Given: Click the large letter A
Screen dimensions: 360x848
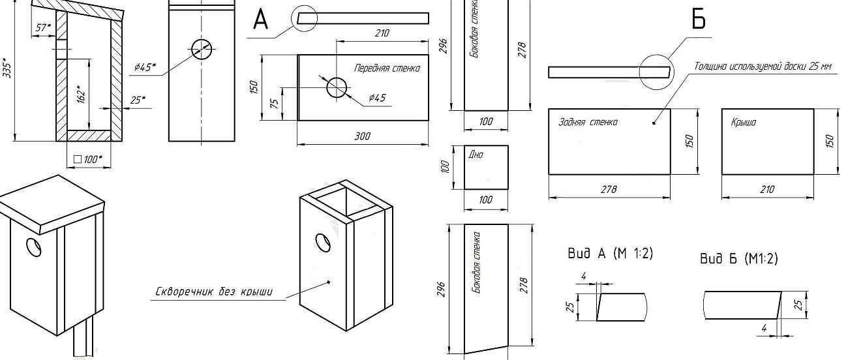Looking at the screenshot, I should coord(260,20).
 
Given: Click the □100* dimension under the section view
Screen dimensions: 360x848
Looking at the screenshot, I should coord(89,159).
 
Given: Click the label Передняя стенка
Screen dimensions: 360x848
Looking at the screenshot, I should coord(387,68).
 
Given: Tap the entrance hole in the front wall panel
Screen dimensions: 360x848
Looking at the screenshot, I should coord(337,87).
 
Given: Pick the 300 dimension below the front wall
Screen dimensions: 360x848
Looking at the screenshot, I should coord(362,136).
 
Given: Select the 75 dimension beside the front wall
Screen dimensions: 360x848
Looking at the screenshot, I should coord(275,103).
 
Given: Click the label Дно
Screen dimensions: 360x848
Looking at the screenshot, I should coord(476,155).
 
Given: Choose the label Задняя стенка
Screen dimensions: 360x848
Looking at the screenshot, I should coord(588,122).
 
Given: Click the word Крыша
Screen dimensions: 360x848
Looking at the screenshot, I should coord(744,122).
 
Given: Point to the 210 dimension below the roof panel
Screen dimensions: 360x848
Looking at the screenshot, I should coord(767,189).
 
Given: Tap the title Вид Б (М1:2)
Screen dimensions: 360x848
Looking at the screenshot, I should coord(738,259).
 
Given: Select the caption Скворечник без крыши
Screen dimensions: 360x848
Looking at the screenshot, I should coord(214,292).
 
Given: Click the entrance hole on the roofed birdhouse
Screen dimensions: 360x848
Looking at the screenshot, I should coord(33,247).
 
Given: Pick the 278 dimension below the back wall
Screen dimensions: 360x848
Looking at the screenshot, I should coord(609,189).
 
